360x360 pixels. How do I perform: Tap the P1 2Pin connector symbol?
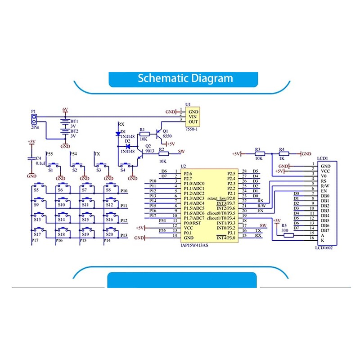pyautogui.click(x=33, y=119)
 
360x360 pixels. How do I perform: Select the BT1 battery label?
pyautogui.click(x=74, y=121)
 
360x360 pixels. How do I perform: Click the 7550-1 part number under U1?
pyautogui.click(x=193, y=129)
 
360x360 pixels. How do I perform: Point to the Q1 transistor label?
pyautogui.click(x=165, y=131)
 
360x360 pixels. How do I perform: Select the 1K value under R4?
pyautogui.click(x=282, y=158)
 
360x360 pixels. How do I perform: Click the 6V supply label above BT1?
pyautogui.click(x=65, y=109)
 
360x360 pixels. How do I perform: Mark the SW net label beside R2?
pyautogui.click(x=182, y=151)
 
